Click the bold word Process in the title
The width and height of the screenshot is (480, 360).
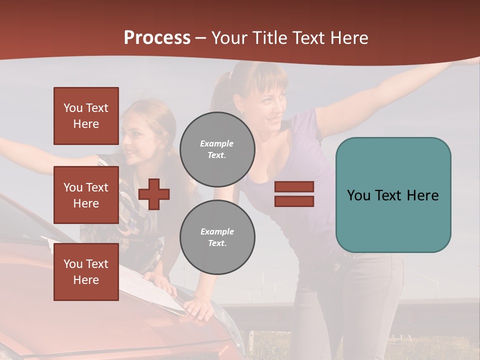pos(157,38)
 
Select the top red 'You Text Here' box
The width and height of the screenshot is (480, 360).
pos(86,116)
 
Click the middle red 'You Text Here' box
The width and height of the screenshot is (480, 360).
pos(86,195)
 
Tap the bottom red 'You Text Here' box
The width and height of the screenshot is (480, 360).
pos(86,272)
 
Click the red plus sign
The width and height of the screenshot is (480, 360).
pos(154,194)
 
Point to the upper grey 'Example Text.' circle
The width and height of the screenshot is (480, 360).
pos(217,149)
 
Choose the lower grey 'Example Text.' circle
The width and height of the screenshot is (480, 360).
pos(217,237)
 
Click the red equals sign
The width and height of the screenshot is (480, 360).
pos(294,194)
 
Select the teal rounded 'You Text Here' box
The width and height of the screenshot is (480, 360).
pos(393,195)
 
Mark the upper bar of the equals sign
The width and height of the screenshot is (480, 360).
pos(294,187)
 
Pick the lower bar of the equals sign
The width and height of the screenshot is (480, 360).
pos(294,201)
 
